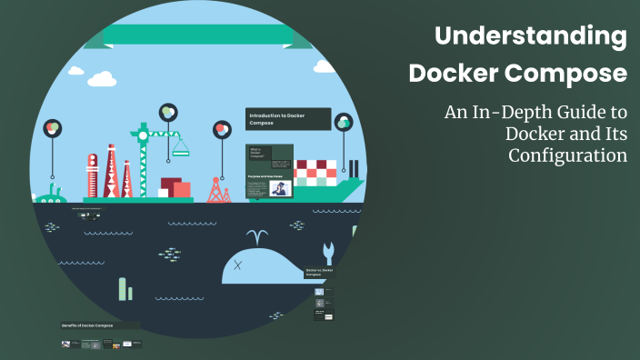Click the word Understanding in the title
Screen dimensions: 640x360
(x=531, y=37)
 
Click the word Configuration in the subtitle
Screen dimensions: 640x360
(x=567, y=155)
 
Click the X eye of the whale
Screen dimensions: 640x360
(x=238, y=265)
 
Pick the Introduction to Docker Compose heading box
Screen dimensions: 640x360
(x=287, y=119)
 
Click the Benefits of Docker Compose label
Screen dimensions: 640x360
(x=87, y=325)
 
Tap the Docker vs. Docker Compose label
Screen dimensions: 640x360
(x=319, y=272)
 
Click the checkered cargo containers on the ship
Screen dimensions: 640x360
(x=317, y=172)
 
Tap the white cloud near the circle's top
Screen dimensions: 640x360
(x=100, y=78)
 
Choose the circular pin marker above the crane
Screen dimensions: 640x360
(x=167, y=112)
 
